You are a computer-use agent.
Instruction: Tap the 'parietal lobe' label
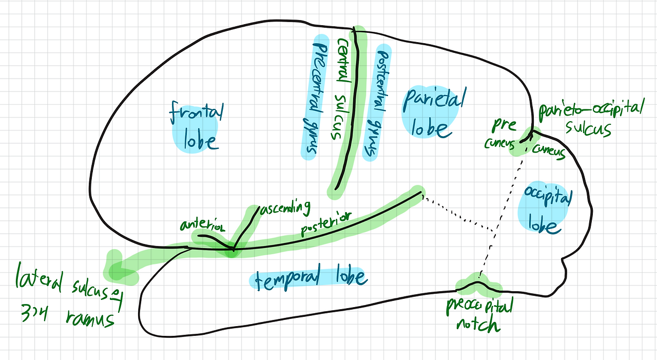434,113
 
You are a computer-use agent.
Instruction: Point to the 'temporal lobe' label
308,278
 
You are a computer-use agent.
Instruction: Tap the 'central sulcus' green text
340,87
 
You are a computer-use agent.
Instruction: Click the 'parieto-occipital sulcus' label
590,118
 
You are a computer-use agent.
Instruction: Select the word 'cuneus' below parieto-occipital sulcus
549,152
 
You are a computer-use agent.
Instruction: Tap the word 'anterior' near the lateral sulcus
202,226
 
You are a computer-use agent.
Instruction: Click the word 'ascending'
285,208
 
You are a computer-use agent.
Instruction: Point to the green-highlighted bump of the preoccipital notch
478,282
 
